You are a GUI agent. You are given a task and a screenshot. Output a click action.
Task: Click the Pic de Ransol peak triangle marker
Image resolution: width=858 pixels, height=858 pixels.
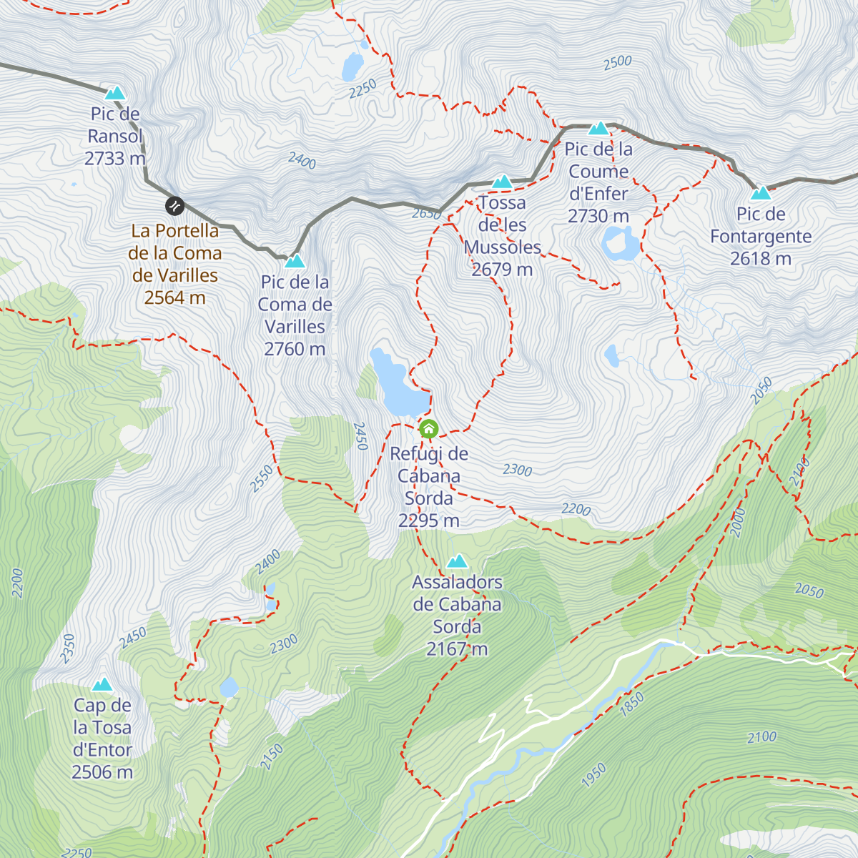[114, 93]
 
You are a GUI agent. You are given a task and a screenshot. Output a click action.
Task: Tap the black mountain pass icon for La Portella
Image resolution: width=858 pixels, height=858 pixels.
[174, 207]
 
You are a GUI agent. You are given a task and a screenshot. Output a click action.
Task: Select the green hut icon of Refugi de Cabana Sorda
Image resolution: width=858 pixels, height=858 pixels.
[428, 429]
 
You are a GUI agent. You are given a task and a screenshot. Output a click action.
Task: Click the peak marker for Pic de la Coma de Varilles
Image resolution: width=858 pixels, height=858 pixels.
[295, 261]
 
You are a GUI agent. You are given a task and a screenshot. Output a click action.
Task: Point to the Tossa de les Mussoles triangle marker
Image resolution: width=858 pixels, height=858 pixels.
[503, 182]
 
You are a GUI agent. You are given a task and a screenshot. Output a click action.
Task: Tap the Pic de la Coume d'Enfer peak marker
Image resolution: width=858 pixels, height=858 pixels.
[598, 129]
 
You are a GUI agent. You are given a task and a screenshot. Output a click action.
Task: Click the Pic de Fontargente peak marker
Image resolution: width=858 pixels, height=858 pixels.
[761, 193]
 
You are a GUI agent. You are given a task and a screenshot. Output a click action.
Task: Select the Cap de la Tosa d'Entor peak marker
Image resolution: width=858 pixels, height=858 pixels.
[102, 684]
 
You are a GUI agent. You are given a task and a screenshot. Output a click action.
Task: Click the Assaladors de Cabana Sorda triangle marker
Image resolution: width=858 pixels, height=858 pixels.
[457, 561]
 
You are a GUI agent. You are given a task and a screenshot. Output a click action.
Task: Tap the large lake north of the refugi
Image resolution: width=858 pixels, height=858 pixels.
[394, 383]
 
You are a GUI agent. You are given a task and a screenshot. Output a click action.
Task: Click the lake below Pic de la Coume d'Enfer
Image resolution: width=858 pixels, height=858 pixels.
[621, 244]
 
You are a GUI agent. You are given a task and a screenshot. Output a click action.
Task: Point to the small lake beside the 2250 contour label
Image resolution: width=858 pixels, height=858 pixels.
[352, 67]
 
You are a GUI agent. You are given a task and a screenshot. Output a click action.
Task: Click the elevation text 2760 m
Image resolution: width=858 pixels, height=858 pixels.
[295, 349]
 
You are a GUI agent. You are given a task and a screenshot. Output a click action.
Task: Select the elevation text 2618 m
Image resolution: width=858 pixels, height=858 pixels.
[760, 259]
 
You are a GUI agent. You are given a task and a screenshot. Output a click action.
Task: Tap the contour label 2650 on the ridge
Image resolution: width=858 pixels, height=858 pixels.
[426, 213]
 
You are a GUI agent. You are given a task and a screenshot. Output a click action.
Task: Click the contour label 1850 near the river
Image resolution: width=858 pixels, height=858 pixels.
[632, 704]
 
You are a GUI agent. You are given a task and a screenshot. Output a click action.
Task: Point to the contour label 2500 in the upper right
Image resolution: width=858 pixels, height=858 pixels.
[617, 62]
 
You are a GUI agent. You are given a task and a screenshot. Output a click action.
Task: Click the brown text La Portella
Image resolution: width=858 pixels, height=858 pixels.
[175, 231]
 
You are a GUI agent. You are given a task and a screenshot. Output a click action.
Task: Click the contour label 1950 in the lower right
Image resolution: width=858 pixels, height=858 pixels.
[593, 775]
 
